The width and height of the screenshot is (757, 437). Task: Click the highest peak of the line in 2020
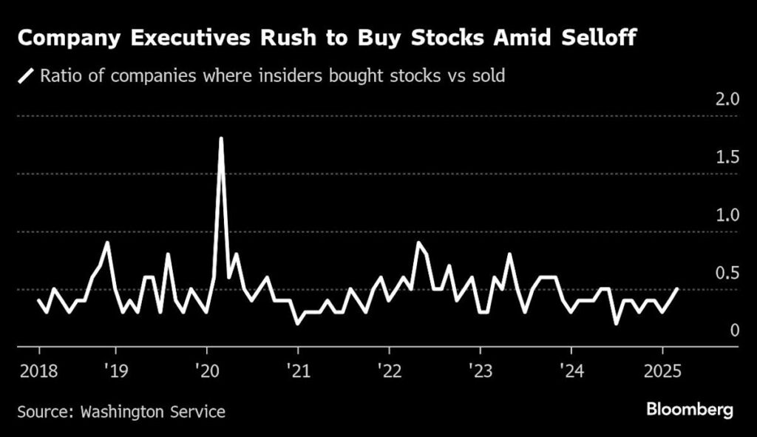(x=221, y=138)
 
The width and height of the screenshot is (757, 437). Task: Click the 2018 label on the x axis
(x=38, y=368)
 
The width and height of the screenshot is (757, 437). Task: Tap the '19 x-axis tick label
(x=115, y=368)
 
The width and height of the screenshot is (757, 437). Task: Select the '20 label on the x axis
(x=206, y=368)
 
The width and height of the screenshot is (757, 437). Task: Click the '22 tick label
(x=388, y=368)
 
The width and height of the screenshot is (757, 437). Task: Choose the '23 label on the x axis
(x=479, y=368)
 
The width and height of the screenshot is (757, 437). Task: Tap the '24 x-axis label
(x=570, y=368)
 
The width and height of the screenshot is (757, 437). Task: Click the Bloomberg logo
(x=690, y=409)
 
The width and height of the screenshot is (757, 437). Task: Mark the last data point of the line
(x=676, y=289)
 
